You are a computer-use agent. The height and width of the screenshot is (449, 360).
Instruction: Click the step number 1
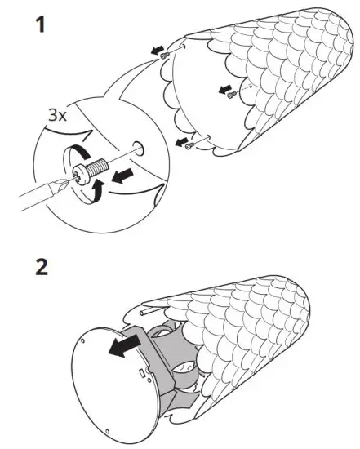(38, 24)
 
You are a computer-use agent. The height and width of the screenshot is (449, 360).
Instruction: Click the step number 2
(38, 266)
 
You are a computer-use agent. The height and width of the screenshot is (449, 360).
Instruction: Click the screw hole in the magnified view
(136, 150)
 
